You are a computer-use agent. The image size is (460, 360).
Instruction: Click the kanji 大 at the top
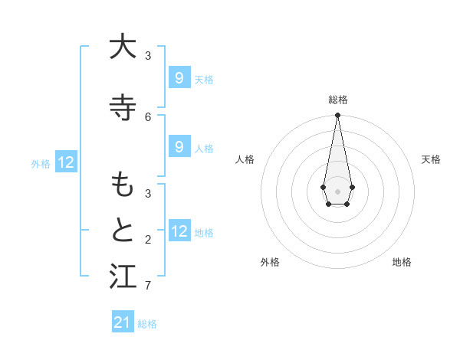coord(122,47)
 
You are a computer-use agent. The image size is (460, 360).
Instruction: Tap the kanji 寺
coord(122,106)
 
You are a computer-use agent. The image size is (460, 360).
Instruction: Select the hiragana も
coord(122,184)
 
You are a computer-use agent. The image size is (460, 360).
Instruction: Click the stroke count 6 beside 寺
coord(148,116)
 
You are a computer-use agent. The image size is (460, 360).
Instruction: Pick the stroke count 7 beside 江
coord(148,286)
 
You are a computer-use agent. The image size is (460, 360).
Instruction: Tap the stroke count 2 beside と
coord(148,240)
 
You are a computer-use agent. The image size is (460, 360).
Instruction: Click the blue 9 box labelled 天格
coord(179,77)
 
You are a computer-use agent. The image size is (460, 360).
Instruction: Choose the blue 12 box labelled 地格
coord(179,231)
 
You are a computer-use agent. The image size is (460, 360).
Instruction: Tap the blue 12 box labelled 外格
coord(66,162)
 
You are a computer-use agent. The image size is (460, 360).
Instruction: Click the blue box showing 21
coord(123,322)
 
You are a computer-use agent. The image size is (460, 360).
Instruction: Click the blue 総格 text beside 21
coord(147,324)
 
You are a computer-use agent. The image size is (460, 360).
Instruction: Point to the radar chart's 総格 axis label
coord(337,100)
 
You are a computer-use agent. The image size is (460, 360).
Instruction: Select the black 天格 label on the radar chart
coord(431,159)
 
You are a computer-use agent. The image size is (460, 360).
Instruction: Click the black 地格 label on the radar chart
coord(402,262)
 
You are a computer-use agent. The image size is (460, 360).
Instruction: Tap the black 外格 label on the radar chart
coord(270,262)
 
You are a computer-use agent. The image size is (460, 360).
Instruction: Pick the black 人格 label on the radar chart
coord(245,159)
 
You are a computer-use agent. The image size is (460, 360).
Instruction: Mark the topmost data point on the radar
coord(337,115)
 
